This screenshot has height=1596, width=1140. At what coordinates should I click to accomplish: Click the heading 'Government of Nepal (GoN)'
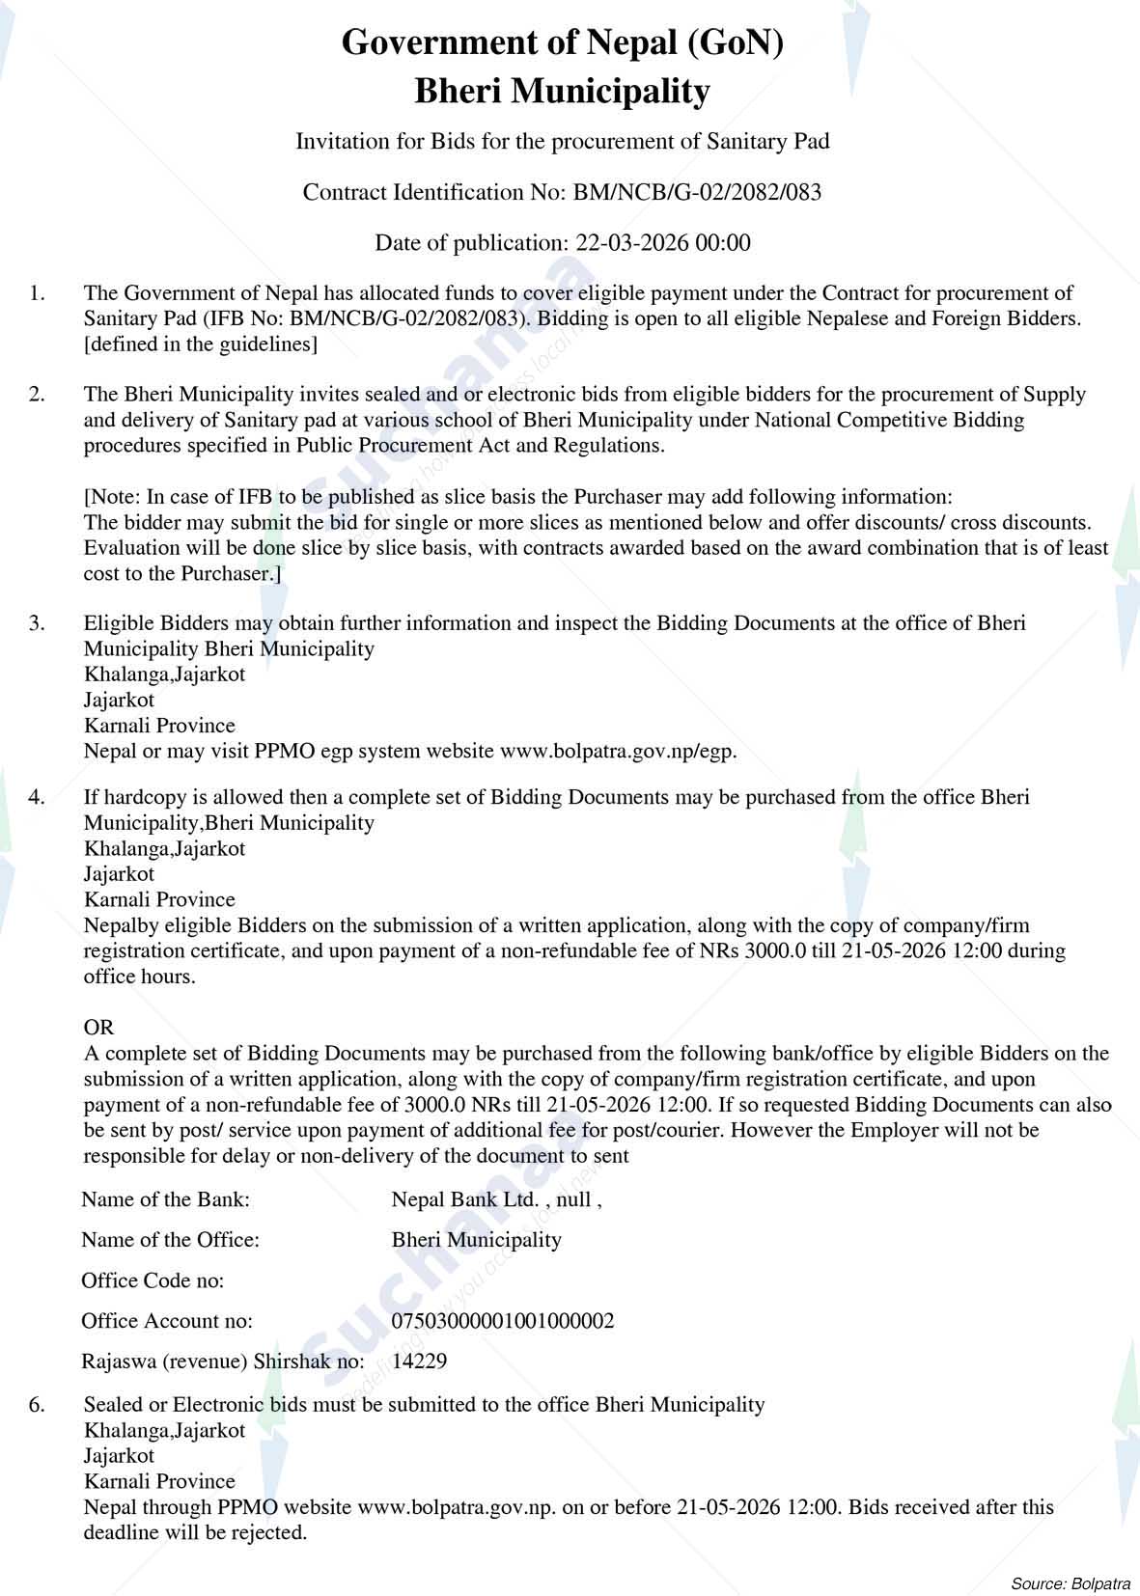(x=562, y=42)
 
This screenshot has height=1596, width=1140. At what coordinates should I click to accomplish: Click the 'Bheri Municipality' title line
(x=562, y=92)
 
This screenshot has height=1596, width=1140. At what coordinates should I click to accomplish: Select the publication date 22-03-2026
(x=631, y=242)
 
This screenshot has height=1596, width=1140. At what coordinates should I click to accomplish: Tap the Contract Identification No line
(x=562, y=192)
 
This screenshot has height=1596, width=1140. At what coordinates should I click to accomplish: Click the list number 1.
(x=37, y=292)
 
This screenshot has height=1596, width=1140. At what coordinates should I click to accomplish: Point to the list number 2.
(x=37, y=394)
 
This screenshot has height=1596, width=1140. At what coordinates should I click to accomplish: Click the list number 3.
(x=37, y=622)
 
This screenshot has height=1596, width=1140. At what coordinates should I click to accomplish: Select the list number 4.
(x=37, y=797)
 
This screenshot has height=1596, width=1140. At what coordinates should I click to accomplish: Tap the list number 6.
(x=37, y=1404)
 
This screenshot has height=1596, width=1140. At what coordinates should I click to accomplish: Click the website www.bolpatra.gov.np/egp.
(x=618, y=751)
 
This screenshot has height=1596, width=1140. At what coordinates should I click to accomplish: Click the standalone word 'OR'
(x=98, y=1028)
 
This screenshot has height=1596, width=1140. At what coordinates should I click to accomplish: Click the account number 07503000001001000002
(x=503, y=1321)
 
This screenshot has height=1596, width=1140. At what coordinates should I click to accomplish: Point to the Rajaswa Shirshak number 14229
(x=420, y=1362)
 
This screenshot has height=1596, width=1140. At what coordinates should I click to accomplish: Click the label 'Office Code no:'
(x=153, y=1280)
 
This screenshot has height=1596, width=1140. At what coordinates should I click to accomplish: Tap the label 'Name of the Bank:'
(x=165, y=1199)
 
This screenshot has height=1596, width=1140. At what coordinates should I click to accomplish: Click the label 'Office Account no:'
(x=167, y=1321)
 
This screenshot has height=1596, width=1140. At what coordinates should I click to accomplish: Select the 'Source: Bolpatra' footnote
(x=1070, y=1583)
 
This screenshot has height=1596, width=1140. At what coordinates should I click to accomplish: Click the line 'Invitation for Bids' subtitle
(x=562, y=142)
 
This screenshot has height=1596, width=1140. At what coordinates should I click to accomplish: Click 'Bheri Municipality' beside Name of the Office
(x=476, y=1240)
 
